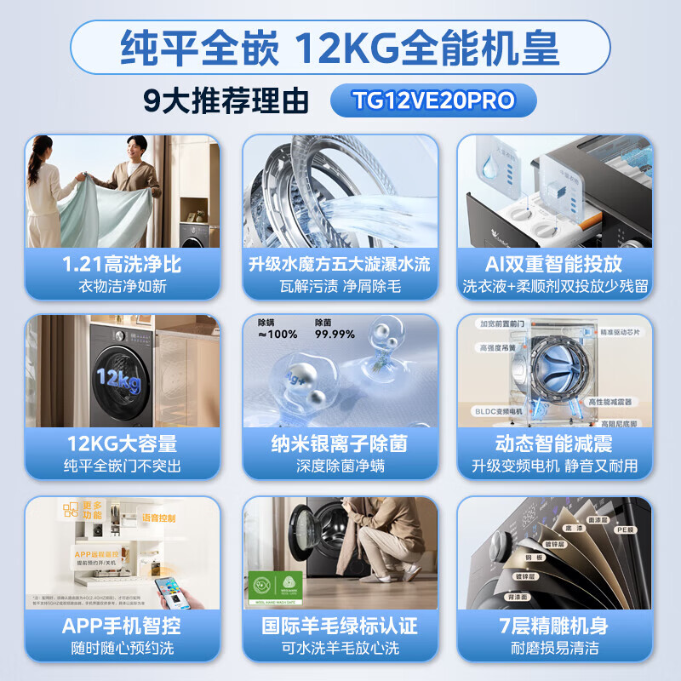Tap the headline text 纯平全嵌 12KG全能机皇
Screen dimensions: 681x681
point(340,49)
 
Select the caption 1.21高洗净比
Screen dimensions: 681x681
point(123,264)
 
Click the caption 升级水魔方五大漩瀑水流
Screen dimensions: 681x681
point(340,264)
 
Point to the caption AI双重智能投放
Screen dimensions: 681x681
point(554,264)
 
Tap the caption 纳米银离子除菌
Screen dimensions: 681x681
point(340,444)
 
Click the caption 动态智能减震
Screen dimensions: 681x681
point(554,444)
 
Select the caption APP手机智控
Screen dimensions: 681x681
point(123,626)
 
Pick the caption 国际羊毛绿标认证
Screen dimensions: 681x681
point(340,626)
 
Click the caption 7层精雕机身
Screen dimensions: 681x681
point(554,626)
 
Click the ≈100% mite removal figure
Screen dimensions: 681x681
point(278,335)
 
